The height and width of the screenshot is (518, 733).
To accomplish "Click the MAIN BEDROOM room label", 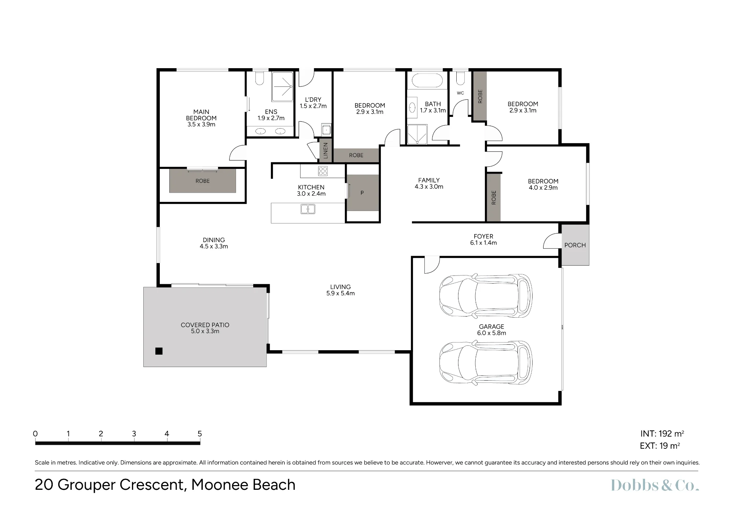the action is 201,118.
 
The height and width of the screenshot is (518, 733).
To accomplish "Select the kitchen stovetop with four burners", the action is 323,171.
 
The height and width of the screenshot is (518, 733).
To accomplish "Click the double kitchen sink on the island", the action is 308,209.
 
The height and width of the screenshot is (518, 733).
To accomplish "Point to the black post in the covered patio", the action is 159,351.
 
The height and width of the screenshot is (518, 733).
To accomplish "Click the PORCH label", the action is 575,245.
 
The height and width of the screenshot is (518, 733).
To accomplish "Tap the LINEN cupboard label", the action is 325,150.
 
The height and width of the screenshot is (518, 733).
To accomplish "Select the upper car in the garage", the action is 486,295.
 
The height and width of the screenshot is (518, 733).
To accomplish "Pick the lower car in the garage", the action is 486,363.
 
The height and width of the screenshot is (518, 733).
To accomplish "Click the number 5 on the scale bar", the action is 200,434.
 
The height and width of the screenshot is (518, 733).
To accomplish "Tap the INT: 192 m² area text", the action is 662,434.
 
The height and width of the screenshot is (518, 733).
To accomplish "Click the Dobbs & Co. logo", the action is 655,485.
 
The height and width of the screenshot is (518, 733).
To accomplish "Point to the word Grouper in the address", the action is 86,485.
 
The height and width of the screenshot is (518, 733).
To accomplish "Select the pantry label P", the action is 362,193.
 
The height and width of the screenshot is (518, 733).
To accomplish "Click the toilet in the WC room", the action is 460,78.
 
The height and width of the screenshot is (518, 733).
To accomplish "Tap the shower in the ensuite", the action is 283,86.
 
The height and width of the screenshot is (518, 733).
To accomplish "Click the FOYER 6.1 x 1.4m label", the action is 483,240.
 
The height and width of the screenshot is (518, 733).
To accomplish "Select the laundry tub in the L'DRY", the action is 326,129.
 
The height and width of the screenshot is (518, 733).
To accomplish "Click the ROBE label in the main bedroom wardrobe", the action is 203,181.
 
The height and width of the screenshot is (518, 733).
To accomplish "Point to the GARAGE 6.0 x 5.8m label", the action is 491,330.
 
